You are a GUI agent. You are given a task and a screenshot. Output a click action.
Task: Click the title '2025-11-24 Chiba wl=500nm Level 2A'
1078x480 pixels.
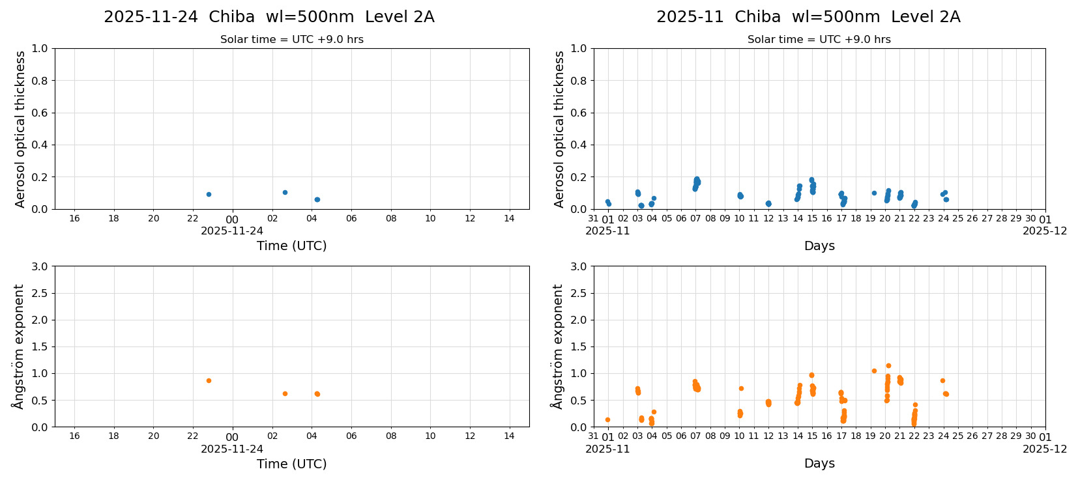pyautogui.click(x=269, y=17)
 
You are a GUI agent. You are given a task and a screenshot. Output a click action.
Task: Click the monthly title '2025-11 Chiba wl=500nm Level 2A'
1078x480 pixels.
pyautogui.click(x=808, y=17)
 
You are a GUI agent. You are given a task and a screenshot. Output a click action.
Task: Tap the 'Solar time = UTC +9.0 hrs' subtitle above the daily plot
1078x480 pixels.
pyautogui.click(x=291, y=40)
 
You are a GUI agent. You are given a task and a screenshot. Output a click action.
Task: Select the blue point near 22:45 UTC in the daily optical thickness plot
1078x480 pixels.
pyautogui.click(x=209, y=194)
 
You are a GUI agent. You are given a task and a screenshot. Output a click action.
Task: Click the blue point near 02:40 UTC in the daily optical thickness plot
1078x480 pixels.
pyautogui.click(x=285, y=192)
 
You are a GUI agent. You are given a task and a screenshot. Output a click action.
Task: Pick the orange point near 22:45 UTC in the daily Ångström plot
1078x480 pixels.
pyautogui.click(x=209, y=380)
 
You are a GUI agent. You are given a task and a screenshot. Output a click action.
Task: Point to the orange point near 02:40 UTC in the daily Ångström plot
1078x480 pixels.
pyautogui.click(x=285, y=393)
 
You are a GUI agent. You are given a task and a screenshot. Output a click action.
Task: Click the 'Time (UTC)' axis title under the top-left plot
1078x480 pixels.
pyautogui.click(x=291, y=246)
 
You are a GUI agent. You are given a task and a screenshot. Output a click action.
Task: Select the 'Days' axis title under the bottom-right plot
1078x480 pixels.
pyautogui.click(x=819, y=463)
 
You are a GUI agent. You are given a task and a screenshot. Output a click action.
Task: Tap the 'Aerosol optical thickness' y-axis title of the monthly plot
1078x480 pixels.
pyautogui.click(x=559, y=129)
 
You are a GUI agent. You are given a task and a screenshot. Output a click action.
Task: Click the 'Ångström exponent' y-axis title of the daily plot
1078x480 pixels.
pyautogui.click(x=19, y=346)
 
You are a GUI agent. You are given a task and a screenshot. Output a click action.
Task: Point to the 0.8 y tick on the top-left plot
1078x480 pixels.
pyautogui.click(x=40, y=81)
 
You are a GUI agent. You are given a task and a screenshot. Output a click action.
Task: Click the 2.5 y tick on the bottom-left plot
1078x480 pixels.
pyautogui.click(x=40, y=293)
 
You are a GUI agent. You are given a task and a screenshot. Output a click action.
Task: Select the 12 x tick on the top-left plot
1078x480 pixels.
pyautogui.click(x=470, y=218)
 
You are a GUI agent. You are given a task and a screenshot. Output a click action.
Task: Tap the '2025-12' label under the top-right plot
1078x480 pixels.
pyautogui.click(x=1044, y=231)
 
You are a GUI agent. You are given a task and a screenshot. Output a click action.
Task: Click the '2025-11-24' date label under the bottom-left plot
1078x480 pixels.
pyautogui.click(x=232, y=449)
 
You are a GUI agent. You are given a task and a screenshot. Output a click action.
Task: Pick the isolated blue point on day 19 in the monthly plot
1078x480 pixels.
pyautogui.click(x=874, y=193)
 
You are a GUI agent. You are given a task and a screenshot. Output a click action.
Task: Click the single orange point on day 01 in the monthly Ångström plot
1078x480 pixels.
pyautogui.click(x=607, y=419)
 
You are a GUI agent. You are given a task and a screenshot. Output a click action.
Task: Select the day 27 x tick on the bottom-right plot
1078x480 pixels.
pyautogui.click(x=987, y=436)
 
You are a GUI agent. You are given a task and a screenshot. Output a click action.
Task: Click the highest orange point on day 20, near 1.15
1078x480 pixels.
pyautogui.click(x=888, y=365)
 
